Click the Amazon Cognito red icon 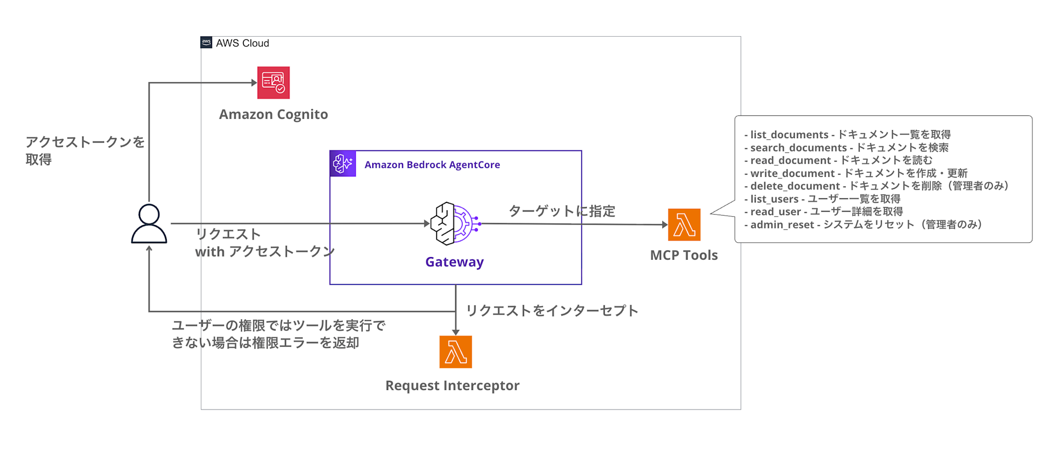[x=273, y=82]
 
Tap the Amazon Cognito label [x=273, y=114]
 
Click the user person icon [x=149, y=224]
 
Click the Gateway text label [x=455, y=262]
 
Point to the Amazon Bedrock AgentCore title [x=432, y=165]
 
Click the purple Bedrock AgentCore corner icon [x=343, y=164]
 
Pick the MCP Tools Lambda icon [x=684, y=225]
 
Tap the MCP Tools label [x=684, y=255]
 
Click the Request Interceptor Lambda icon [x=456, y=352]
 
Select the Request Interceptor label [x=452, y=386]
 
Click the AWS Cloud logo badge [x=206, y=42]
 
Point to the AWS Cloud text [x=243, y=43]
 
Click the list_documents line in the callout [x=847, y=134]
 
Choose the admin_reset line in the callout [x=863, y=225]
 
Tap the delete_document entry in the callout [x=876, y=186]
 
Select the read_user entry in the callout [x=824, y=211]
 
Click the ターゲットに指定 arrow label [x=562, y=211]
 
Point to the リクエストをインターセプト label [x=552, y=311]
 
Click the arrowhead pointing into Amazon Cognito [x=254, y=82]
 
